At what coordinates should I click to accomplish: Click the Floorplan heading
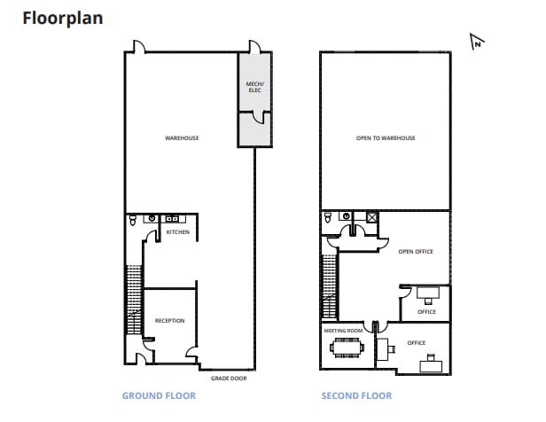click(62, 17)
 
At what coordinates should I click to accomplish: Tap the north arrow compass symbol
click(477, 41)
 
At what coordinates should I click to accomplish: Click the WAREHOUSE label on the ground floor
click(182, 138)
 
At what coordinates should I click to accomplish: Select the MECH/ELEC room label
click(254, 87)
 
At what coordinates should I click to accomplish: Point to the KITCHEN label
click(178, 232)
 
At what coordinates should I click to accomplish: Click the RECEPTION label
click(169, 320)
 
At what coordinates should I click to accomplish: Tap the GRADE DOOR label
click(229, 378)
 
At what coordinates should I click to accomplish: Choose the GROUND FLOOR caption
click(158, 396)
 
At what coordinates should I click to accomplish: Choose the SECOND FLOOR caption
click(355, 396)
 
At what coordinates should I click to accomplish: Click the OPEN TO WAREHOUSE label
click(386, 138)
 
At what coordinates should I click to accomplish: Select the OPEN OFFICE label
click(416, 252)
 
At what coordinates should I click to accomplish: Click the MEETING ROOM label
click(344, 330)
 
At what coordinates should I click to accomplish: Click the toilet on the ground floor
click(132, 218)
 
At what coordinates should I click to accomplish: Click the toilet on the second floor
click(328, 217)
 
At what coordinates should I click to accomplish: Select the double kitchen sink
click(171, 217)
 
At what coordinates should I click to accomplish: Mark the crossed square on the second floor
click(372, 216)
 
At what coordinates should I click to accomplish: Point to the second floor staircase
click(329, 285)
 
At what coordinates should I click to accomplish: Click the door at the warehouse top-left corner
click(136, 47)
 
